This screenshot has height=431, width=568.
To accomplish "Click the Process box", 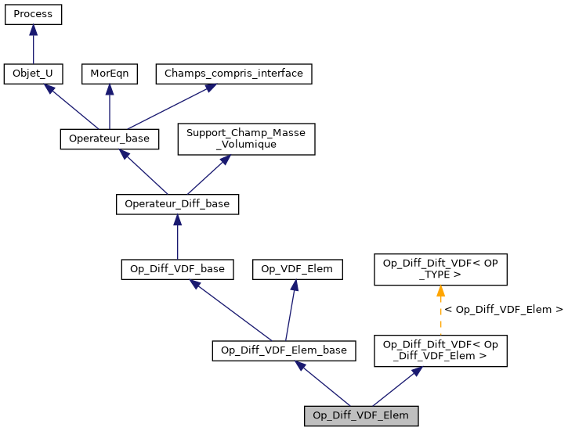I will click(33, 14).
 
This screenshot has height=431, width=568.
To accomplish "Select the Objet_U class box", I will click(33, 74).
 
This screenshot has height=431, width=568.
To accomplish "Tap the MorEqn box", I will click(109, 74).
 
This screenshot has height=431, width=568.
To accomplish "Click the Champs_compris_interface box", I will click(234, 74).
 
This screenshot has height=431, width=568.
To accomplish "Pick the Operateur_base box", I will click(110, 139).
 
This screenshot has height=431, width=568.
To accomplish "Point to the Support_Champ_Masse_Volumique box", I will click(246, 138).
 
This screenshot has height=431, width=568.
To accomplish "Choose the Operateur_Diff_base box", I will click(177, 204).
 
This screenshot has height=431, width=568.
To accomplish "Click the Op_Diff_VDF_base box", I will click(177, 269).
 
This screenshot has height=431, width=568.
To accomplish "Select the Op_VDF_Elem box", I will click(297, 269).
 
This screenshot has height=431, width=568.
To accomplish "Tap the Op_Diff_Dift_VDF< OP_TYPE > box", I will click(441, 269).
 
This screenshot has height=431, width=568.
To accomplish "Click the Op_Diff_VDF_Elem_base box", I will click(284, 350).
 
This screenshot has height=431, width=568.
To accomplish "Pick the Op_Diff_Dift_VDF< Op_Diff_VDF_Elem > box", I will click(441, 350).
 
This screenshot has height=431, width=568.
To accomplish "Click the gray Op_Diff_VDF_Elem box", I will click(361, 415).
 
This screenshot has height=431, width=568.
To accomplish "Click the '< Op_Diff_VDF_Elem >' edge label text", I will click(504, 310).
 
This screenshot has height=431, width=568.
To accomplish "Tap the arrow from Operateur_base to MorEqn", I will click(109, 106).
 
